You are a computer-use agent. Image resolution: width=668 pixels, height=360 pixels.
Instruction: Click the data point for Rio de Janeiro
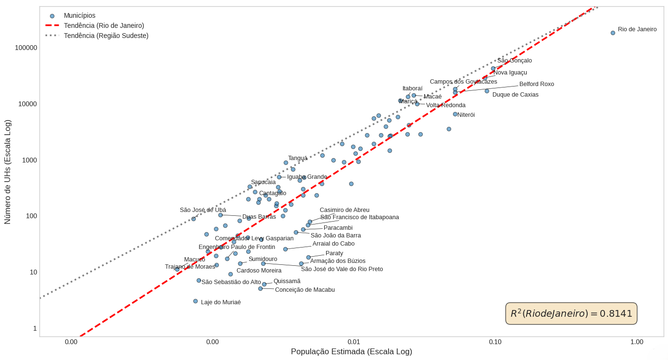pos(613,33)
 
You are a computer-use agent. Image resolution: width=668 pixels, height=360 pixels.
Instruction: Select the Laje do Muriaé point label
pos(221,302)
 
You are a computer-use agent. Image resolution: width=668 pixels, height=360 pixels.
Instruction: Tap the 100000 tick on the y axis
pos(26,48)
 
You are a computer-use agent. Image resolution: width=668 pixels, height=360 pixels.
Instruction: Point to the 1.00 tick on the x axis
pos(637,342)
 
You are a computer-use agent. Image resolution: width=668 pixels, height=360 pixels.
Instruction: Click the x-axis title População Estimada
pos(351,352)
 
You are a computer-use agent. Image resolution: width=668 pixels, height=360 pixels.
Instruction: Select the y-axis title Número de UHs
pos(8,172)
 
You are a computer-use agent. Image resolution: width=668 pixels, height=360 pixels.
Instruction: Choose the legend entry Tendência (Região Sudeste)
pos(106,36)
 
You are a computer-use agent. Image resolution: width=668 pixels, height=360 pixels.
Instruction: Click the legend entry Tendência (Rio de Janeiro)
pos(104,25)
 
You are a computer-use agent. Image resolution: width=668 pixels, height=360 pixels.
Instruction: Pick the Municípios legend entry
pos(79,15)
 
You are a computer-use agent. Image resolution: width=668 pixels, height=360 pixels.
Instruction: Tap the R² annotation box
pos(571,313)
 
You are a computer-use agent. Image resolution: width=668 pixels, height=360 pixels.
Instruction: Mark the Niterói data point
pos(455,114)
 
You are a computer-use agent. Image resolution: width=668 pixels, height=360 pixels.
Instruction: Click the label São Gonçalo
pos(515,61)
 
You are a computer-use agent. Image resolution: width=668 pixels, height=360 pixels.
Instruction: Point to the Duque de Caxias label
pos(515,95)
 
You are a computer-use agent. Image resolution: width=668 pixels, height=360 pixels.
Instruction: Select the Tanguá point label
pos(298,158)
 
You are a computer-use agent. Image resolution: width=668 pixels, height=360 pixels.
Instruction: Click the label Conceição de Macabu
pos(305,290)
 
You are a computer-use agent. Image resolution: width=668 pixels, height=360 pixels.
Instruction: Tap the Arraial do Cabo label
pos(333,244)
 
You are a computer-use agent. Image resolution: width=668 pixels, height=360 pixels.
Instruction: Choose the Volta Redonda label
pos(445,105)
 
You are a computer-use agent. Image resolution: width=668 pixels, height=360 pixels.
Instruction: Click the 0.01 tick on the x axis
pos(354,342)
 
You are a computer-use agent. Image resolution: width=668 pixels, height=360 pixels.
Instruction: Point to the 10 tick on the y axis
pos(34,272)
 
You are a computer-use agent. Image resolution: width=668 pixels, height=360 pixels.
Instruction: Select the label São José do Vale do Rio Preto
pos(342,269)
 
